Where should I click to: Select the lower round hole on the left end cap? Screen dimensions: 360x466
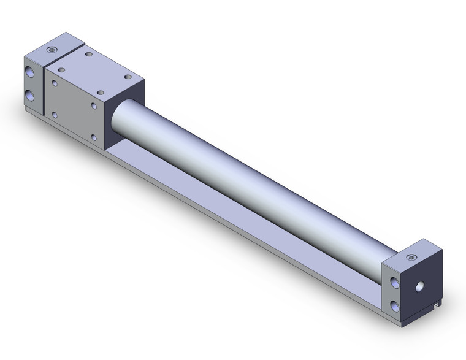(x=30, y=96)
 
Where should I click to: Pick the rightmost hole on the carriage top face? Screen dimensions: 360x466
(x=128, y=77)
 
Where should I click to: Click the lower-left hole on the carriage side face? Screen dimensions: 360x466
(x=55, y=114)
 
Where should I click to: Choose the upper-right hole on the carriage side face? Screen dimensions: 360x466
(x=94, y=105)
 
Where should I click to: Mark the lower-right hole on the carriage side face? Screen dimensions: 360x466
(x=94, y=138)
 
